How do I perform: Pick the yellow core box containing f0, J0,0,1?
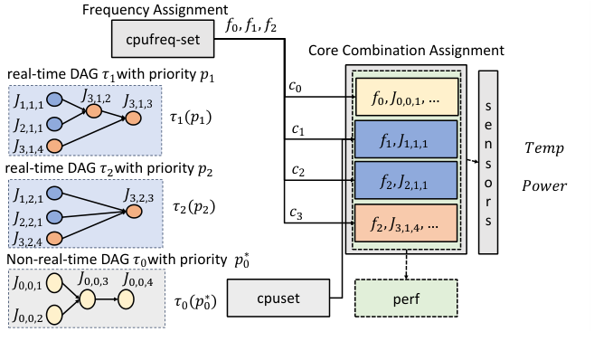(x=407, y=97)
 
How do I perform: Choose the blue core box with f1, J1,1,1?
(x=407, y=140)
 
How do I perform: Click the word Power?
(x=543, y=187)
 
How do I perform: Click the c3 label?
(x=297, y=213)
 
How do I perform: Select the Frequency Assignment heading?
(x=144, y=11)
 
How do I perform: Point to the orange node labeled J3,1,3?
(x=134, y=118)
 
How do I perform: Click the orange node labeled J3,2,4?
(x=53, y=239)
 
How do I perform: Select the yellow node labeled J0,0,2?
(x=53, y=316)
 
